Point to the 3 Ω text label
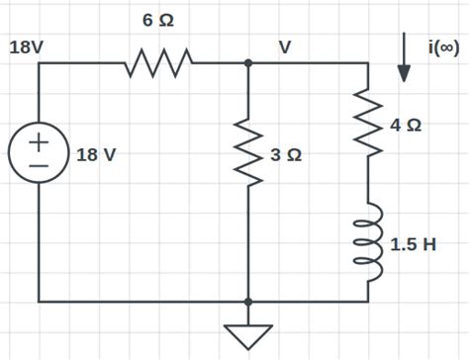pos(286,156)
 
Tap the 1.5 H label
pos(413,244)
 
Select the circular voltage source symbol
pos(39,156)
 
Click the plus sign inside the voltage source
pos(39,143)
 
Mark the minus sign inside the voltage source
pos(39,169)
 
